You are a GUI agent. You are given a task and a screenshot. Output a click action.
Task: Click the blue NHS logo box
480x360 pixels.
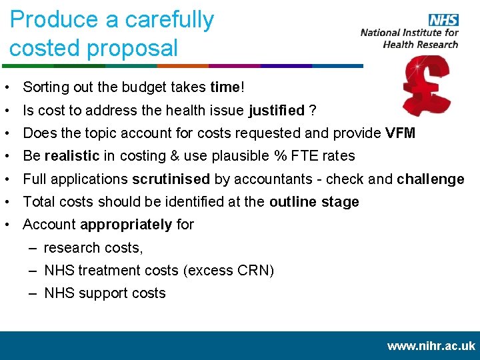pyautogui.click(x=443, y=21)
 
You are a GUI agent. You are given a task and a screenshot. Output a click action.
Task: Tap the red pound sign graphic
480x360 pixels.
pyautogui.click(x=426, y=86)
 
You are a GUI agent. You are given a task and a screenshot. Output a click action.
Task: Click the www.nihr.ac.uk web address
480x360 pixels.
pyautogui.click(x=431, y=346)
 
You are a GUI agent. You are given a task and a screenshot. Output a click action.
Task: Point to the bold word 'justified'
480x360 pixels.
pyautogui.click(x=277, y=110)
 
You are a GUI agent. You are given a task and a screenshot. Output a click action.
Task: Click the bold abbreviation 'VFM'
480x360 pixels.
pyautogui.click(x=400, y=133)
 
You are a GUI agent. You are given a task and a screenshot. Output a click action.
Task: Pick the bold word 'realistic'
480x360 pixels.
pyautogui.click(x=72, y=156)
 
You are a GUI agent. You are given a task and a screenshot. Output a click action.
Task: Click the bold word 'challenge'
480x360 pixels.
pyautogui.click(x=430, y=179)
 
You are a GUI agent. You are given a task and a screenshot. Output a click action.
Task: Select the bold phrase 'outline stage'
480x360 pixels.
pyautogui.click(x=314, y=202)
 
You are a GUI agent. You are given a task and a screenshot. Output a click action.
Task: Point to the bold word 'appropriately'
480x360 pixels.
pyautogui.click(x=125, y=225)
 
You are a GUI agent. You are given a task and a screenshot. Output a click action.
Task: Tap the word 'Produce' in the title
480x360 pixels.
pyautogui.click(x=55, y=20)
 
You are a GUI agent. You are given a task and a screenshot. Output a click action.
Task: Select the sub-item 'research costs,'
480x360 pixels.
pyautogui.click(x=93, y=248)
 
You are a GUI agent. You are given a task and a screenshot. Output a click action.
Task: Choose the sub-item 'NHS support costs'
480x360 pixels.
pyautogui.click(x=105, y=293)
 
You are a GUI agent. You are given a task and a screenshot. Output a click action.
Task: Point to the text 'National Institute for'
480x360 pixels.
pyautogui.click(x=409, y=33)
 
